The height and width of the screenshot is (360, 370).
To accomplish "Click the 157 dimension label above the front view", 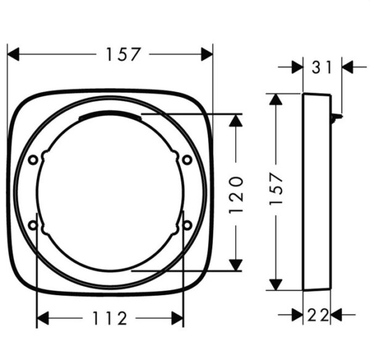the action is [x=123, y=54].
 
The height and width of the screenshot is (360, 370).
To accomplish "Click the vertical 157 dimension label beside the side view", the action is [x=276, y=189].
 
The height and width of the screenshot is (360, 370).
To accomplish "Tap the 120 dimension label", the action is [x=236, y=195].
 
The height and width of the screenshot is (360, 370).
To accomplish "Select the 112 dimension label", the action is [x=110, y=318].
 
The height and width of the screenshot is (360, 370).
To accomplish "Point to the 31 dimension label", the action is [x=322, y=67].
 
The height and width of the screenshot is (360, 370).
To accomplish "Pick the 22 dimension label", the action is [x=318, y=315].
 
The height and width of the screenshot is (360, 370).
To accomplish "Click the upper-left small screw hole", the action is [x=33, y=160].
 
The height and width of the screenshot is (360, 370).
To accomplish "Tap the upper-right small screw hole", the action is [x=187, y=160].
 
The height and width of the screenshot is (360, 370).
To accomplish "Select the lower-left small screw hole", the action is [x=33, y=225].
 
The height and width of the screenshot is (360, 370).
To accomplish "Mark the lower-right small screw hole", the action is [x=187, y=225].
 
